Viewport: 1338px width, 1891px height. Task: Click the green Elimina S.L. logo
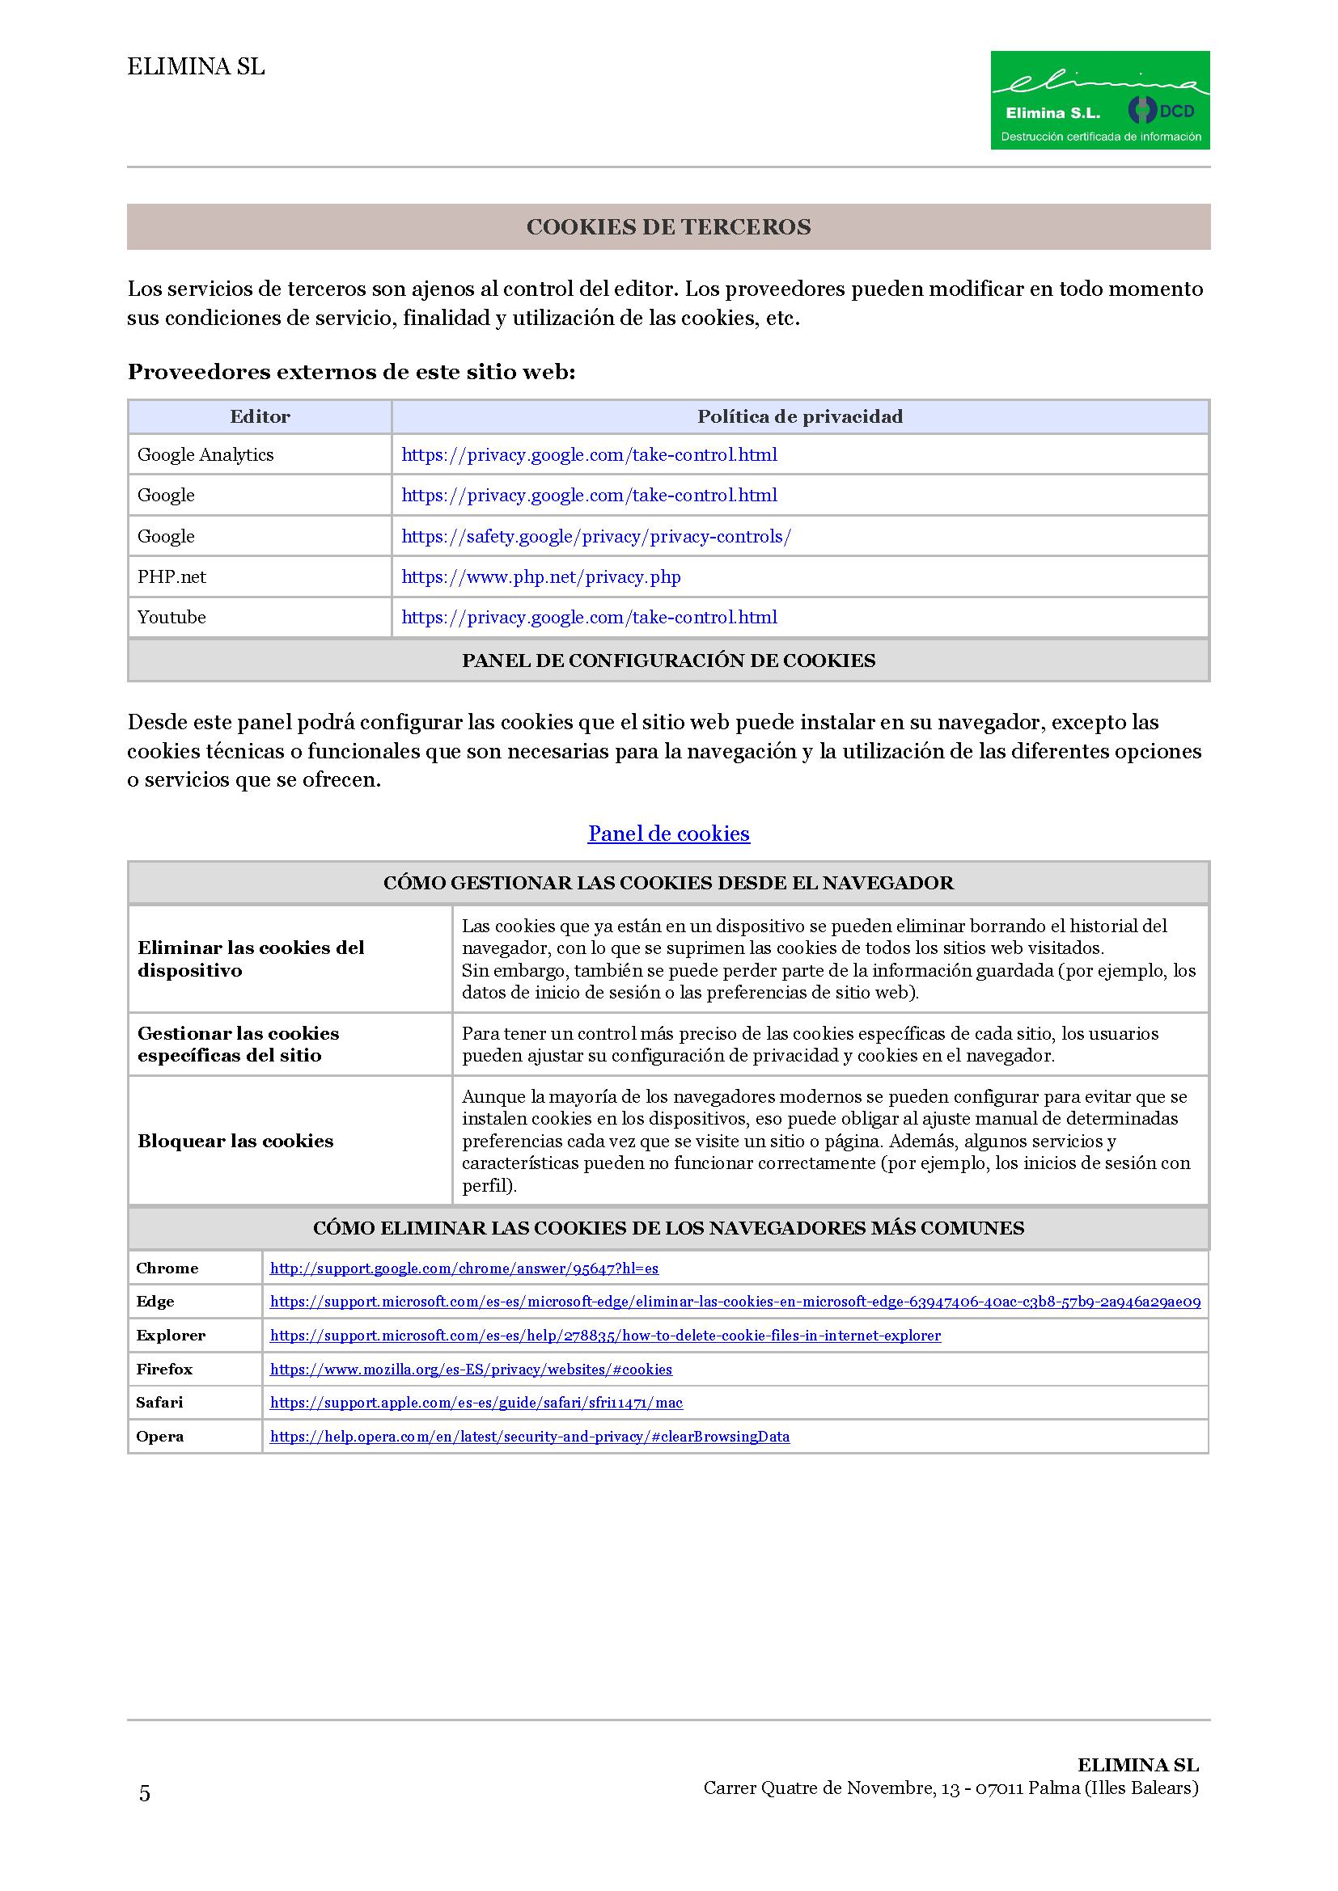click(1099, 99)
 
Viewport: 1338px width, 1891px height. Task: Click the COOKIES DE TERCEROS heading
click(668, 227)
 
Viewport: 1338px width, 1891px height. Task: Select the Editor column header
click(260, 416)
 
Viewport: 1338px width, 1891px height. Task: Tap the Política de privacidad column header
click(799, 416)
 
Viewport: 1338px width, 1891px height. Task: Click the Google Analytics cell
click(205, 454)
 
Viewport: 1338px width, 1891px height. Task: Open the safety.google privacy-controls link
click(595, 537)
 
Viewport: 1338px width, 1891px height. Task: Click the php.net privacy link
click(540, 577)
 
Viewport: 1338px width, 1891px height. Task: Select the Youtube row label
click(171, 618)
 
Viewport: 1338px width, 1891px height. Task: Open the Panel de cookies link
click(668, 834)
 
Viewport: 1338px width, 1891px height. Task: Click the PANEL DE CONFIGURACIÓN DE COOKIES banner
click(668, 661)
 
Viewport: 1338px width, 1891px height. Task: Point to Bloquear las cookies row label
click(235, 1142)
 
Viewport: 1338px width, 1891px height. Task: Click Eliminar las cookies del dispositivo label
click(251, 959)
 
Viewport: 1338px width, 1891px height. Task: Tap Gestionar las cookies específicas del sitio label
click(238, 1045)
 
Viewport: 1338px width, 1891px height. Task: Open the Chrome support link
click(464, 1268)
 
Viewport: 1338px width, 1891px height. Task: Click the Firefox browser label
click(164, 1369)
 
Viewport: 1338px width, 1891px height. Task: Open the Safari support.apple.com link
click(476, 1403)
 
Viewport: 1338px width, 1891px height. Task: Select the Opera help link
click(530, 1437)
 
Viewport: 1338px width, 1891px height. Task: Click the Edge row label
click(155, 1302)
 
